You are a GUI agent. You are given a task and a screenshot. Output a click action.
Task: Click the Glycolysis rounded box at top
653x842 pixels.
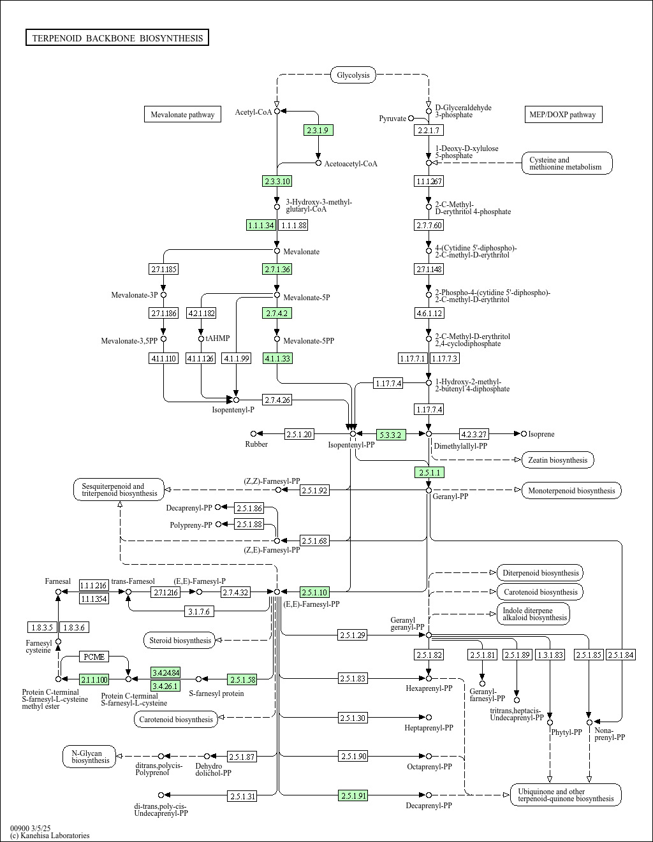pyautogui.click(x=353, y=75)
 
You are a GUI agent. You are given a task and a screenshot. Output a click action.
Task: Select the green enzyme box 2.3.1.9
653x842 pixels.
pyautogui.click(x=318, y=130)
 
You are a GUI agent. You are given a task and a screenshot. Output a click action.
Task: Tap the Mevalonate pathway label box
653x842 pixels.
pyautogui.click(x=182, y=115)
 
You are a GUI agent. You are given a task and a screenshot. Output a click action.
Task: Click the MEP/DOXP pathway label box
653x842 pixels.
pyautogui.click(x=562, y=115)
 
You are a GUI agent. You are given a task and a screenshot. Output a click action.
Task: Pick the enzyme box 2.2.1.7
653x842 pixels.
pyautogui.click(x=428, y=130)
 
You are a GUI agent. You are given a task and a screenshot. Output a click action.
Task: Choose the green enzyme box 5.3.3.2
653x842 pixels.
pyautogui.click(x=391, y=435)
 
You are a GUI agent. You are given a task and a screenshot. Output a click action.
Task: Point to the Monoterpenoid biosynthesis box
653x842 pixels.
pyautogui.click(x=571, y=490)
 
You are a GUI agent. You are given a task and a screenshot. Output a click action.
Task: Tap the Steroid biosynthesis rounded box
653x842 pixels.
pyautogui.click(x=180, y=640)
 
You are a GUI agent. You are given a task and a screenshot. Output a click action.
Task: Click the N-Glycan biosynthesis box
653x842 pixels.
pyautogui.click(x=91, y=757)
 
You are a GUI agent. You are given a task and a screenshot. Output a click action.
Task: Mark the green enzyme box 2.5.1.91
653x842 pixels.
pyautogui.click(x=353, y=795)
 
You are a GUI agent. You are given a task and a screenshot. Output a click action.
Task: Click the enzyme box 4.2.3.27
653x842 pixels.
pyautogui.click(x=474, y=434)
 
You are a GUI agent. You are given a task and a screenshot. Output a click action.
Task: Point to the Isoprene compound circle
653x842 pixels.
pyautogui.click(x=524, y=434)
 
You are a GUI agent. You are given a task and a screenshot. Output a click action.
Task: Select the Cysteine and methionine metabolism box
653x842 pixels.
pyautogui.click(x=567, y=163)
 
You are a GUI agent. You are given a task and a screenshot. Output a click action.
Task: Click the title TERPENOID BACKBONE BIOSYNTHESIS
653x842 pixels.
pyautogui.click(x=117, y=38)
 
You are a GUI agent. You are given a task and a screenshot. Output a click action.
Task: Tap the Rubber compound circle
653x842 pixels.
pyautogui.click(x=253, y=434)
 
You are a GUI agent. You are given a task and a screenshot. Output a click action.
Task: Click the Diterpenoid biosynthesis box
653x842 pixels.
pyautogui.click(x=540, y=572)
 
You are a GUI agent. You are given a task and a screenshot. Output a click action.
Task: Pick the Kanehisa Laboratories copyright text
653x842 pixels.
pyautogui.click(x=50, y=835)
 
